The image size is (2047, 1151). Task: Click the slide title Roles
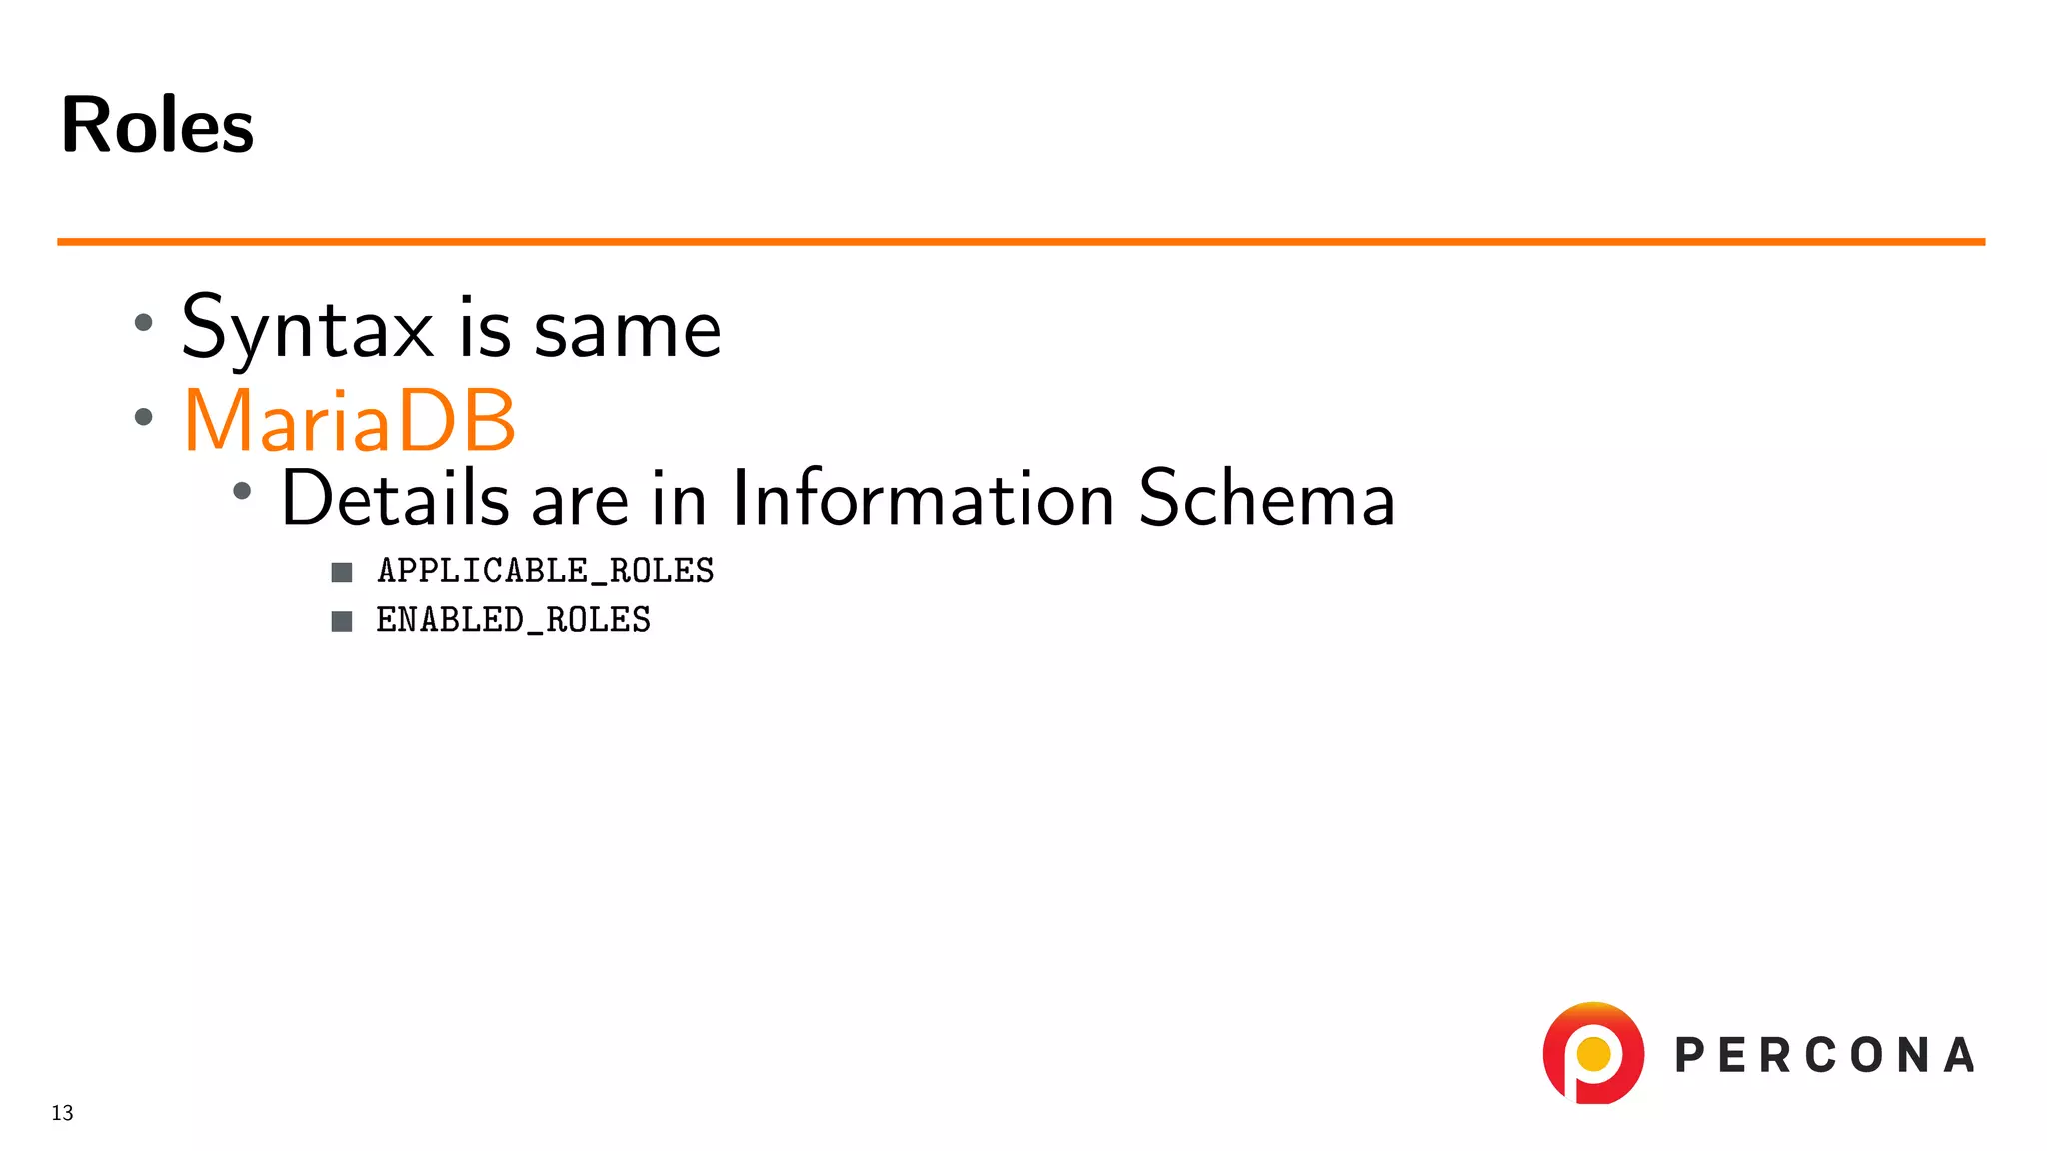click(x=157, y=125)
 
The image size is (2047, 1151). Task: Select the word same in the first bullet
click(x=627, y=330)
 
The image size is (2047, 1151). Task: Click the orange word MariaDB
click(x=349, y=420)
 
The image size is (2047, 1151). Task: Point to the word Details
click(x=396, y=497)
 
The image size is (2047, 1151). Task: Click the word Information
click(x=923, y=497)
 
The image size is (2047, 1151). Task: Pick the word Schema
click(x=1266, y=497)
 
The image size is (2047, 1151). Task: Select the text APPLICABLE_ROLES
click(x=545, y=571)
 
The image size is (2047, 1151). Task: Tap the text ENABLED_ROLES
click(x=513, y=620)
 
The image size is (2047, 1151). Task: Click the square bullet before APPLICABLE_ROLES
click(x=342, y=572)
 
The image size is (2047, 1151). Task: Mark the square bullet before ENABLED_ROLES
click(x=342, y=621)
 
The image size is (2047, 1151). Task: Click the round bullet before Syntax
click(x=144, y=322)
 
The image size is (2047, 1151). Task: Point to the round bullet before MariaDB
click(x=144, y=417)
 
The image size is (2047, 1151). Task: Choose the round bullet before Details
click(x=242, y=490)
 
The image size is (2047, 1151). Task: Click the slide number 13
click(x=62, y=1113)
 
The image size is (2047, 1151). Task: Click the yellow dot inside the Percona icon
click(x=1593, y=1053)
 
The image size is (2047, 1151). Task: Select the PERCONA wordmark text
click(x=1824, y=1056)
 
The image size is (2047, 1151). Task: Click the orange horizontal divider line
click(x=1021, y=241)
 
